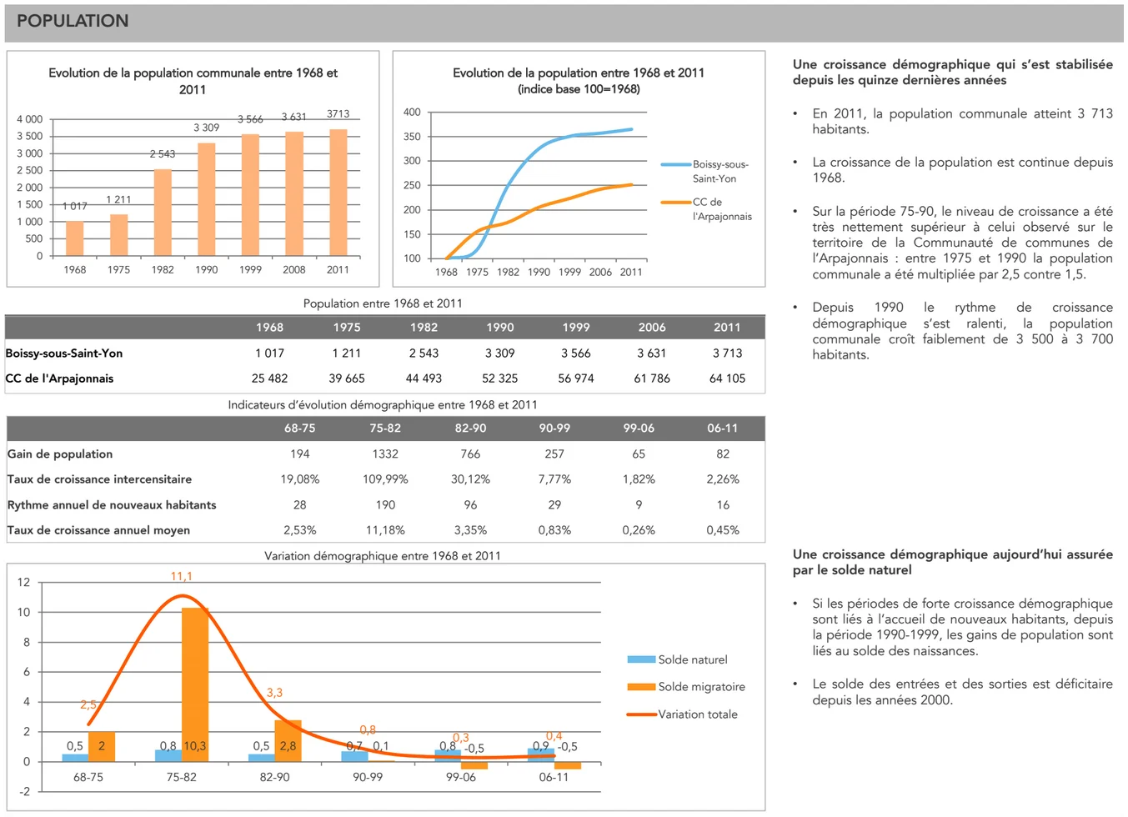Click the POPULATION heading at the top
pyautogui.click(x=73, y=22)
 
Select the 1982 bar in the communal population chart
pyautogui.click(x=163, y=212)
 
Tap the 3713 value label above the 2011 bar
pyautogui.click(x=338, y=114)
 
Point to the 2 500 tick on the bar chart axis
pyautogui.click(x=30, y=170)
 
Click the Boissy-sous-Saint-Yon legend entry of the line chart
pyautogui.click(x=719, y=171)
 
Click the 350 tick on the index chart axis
pyautogui.click(x=412, y=137)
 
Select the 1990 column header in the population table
pyautogui.click(x=499, y=328)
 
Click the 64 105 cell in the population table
pyautogui.click(x=727, y=378)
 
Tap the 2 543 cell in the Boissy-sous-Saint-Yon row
pyautogui.click(x=424, y=353)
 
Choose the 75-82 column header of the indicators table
pyautogui.click(x=385, y=429)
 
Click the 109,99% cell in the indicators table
pyautogui.click(x=385, y=479)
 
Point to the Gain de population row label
pyautogui.click(x=60, y=454)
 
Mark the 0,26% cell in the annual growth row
pyautogui.click(x=639, y=530)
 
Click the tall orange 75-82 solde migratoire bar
pyautogui.click(x=195, y=684)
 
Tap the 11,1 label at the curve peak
pyautogui.click(x=181, y=577)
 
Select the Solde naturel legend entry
pyautogui.click(x=692, y=660)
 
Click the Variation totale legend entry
pyautogui.click(x=697, y=714)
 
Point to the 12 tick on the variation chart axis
pyautogui.click(x=23, y=583)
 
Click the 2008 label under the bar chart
pyautogui.click(x=293, y=270)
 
